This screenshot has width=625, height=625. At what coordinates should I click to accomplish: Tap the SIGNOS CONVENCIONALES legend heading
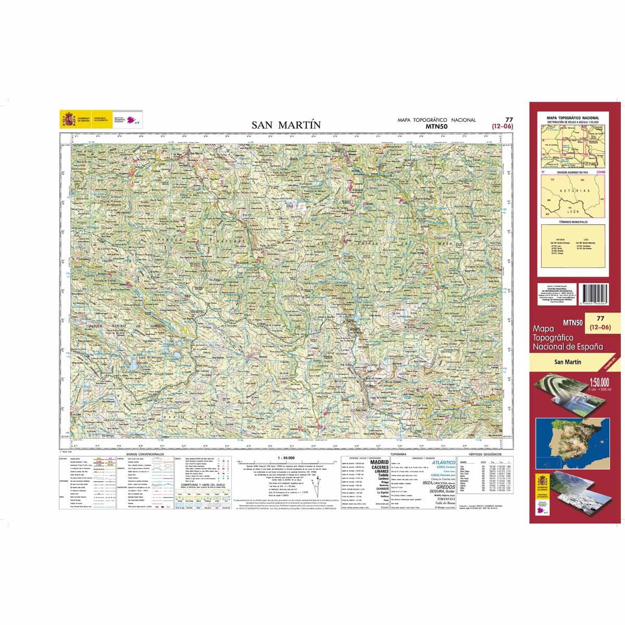click(x=142, y=454)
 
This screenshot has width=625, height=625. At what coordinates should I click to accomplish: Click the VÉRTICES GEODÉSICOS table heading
click(x=485, y=454)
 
